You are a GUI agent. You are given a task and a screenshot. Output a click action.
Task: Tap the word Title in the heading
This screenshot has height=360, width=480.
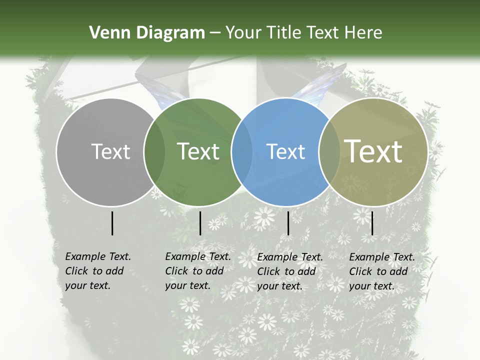[284, 33]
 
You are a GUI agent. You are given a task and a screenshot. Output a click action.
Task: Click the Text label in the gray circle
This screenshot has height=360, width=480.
[110, 151]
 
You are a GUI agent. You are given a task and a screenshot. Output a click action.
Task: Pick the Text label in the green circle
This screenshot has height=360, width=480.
[198, 151]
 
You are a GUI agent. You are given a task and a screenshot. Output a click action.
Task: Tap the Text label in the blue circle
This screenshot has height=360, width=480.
[286, 151]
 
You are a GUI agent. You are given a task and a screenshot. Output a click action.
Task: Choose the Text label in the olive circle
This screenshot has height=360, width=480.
[373, 151]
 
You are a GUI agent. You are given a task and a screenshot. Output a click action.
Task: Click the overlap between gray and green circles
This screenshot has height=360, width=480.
[154, 151]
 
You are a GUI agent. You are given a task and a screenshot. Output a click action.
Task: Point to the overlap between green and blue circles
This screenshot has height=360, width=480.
[242, 151]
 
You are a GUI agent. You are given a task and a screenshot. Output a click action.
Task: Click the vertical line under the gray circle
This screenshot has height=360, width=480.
[112, 223]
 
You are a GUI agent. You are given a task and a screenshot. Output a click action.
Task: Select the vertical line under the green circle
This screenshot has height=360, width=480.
[200, 223]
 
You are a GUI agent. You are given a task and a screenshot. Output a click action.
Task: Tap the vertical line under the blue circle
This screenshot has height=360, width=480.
[288, 223]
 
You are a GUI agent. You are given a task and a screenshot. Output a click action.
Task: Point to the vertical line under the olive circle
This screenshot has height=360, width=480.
[372, 223]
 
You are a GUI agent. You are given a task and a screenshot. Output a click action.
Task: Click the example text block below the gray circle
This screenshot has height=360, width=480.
[97, 271]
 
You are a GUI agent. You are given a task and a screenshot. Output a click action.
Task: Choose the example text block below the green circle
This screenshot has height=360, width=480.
[197, 271]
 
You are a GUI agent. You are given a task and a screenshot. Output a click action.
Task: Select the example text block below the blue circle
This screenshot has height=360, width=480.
[289, 271]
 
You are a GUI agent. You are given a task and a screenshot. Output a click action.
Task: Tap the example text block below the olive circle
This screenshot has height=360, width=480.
[381, 271]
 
